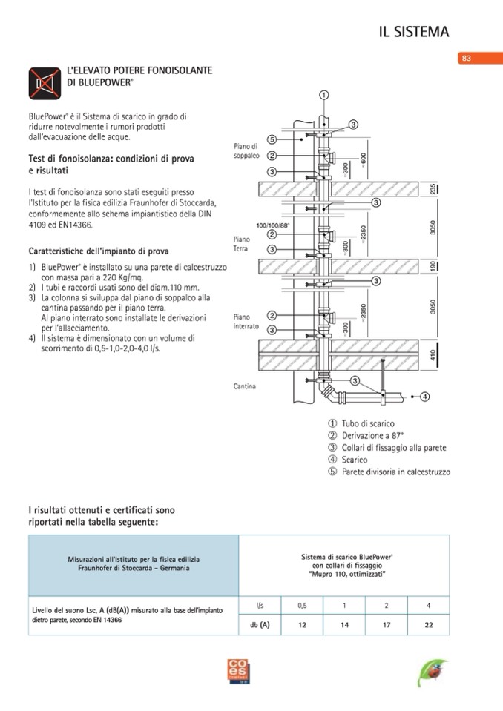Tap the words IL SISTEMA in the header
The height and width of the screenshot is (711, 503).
tap(414, 31)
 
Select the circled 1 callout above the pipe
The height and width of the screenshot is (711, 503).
tap(324, 94)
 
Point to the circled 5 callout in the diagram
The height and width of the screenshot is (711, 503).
tap(272, 139)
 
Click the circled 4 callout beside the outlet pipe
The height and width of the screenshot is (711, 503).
tap(425, 397)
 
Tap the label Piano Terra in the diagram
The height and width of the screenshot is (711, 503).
tap(241, 244)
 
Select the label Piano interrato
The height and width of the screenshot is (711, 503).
tap(246, 321)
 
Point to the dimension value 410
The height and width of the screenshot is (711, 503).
tap(433, 356)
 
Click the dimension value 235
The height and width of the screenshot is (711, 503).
tap(433, 189)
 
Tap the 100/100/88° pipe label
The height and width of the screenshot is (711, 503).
tap(272, 224)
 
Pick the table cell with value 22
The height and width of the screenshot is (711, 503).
tap(429, 625)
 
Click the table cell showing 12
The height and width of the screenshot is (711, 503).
tap(302, 625)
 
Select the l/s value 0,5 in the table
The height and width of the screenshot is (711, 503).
tap(302, 606)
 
